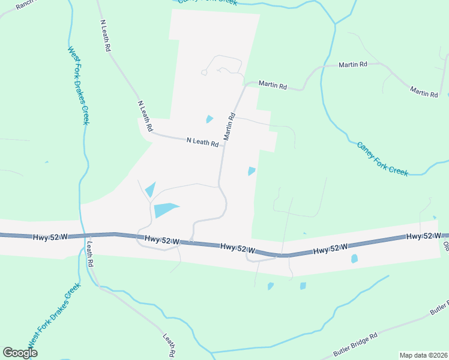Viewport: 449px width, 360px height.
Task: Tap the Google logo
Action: click(x=20, y=352)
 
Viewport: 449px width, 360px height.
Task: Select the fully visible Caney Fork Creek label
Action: click(x=382, y=159)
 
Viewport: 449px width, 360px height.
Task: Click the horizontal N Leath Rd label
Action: click(x=202, y=142)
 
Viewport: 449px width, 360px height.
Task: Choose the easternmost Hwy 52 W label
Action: click(x=424, y=236)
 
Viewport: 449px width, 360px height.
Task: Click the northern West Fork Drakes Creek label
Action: click(x=78, y=86)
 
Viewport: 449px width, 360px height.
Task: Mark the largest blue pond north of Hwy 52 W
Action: click(x=166, y=210)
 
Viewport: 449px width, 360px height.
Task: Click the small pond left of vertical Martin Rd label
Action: click(x=209, y=119)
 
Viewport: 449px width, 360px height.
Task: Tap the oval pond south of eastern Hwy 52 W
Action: click(x=354, y=259)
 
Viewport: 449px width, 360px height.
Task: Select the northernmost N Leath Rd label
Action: click(x=104, y=36)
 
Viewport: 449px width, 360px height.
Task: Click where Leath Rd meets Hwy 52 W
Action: click(x=85, y=235)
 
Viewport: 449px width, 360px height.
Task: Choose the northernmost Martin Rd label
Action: click(x=352, y=64)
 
